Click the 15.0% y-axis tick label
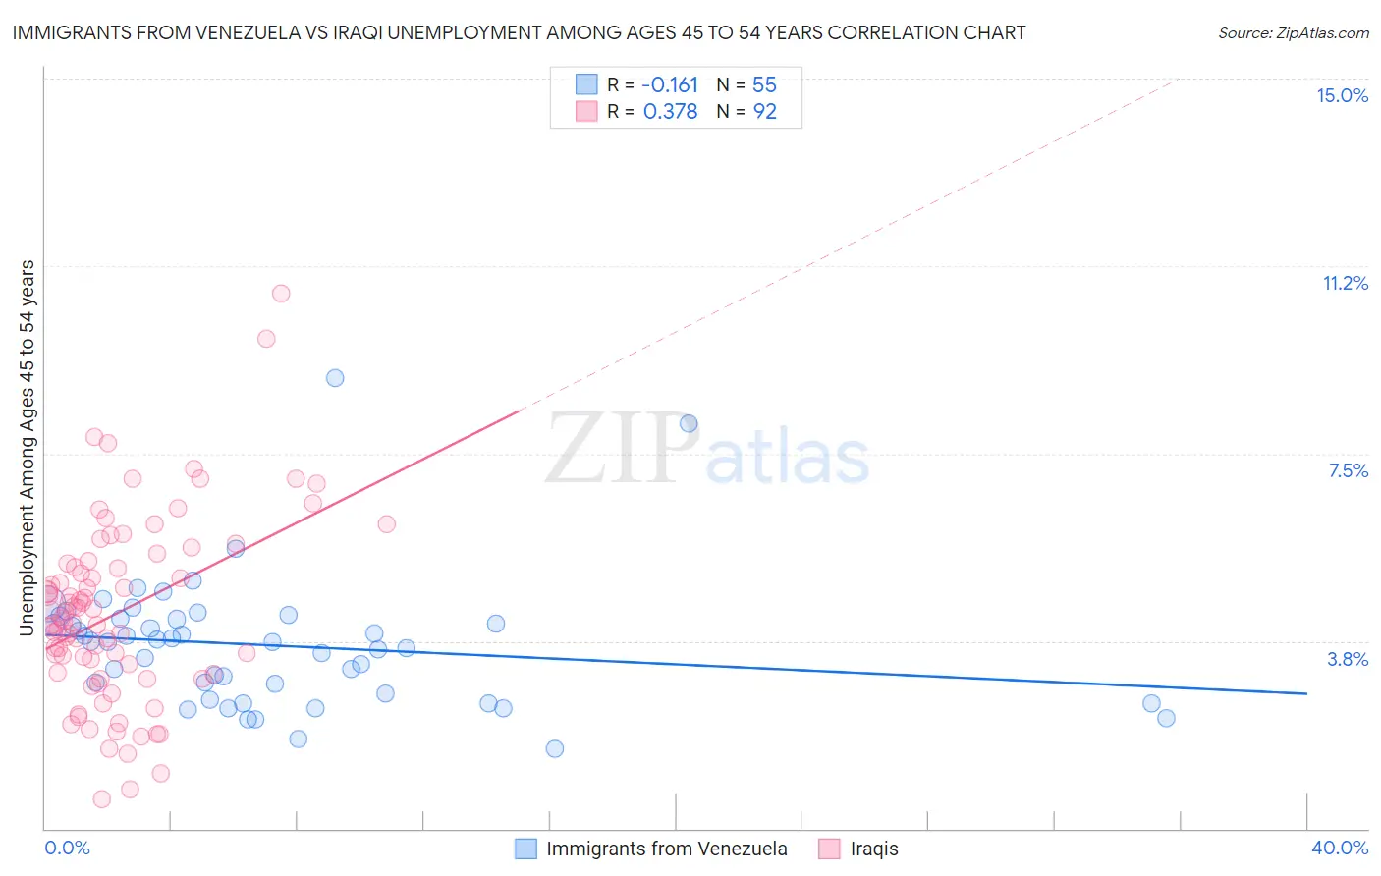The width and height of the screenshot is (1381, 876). (1342, 95)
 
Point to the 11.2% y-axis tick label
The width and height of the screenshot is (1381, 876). (1345, 283)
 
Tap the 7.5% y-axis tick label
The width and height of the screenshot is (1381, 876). (1348, 470)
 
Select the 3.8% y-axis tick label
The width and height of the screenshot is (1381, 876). (1348, 659)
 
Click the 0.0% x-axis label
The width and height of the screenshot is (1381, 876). (67, 848)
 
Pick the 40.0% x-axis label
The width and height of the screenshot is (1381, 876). (1339, 848)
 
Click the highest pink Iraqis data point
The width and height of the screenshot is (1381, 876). (281, 293)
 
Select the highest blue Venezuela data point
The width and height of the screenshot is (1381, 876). (335, 378)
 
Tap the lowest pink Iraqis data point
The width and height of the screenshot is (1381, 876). (102, 799)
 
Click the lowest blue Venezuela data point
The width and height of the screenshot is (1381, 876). (555, 748)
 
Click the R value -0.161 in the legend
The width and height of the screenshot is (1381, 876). (670, 85)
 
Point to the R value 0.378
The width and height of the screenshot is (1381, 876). (670, 112)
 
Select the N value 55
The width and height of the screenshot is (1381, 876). (764, 85)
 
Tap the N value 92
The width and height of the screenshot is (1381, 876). (764, 112)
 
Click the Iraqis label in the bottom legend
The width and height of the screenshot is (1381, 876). (873, 849)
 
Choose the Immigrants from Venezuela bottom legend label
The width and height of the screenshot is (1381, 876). (666, 849)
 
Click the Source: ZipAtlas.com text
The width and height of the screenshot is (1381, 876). (1293, 33)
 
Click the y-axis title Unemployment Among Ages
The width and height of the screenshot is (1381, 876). (28, 447)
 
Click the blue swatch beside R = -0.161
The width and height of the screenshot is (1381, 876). (586, 85)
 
